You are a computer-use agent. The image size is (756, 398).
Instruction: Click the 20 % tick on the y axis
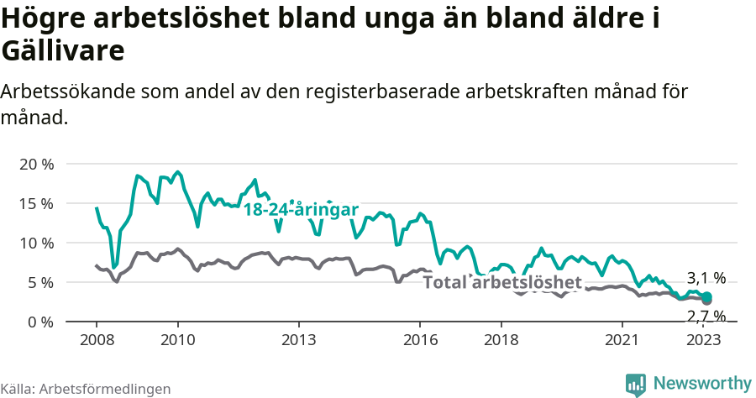(35, 164)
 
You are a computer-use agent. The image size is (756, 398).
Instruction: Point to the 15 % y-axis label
(35, 203)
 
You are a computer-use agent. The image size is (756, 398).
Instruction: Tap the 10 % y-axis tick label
(35, 243)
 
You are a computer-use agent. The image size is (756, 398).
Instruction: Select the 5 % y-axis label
(39, 282)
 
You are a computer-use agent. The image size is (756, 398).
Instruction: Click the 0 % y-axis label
(39, 322)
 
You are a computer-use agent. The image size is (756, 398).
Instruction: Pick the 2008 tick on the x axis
(97, 340)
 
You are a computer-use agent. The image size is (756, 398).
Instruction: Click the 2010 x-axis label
(178, 340)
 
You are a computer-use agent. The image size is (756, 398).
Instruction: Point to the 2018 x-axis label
(501, 340)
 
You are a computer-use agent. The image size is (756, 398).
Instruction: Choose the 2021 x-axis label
(622, 340)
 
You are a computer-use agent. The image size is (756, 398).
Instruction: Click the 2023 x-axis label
(704, 340)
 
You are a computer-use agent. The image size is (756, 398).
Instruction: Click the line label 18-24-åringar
(302, 210)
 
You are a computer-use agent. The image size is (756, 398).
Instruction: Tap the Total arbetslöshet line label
(501, 282)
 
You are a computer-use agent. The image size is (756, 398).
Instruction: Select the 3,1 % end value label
(706, 278)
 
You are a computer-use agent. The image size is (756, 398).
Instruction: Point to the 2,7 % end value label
(706, 317)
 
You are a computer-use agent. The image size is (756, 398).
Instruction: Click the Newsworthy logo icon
(636, 384)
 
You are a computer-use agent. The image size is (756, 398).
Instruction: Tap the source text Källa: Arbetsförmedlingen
(86, 389)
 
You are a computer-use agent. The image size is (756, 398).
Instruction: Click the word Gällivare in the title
(63, 50)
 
